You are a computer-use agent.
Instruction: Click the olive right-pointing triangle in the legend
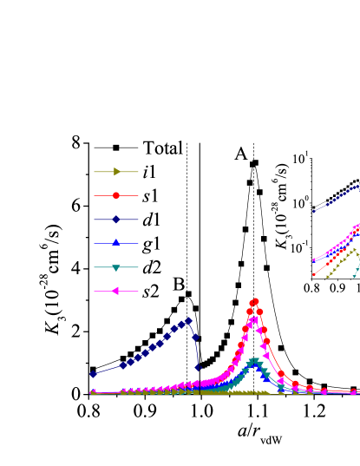(117, 172)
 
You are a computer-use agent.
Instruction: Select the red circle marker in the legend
(116, 195)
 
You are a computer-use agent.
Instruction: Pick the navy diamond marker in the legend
(116, 220)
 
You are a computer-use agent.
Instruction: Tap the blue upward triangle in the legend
(116, 243)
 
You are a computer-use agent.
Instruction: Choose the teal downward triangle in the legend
(116, 267)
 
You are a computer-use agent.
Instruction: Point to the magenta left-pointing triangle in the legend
(115, 291)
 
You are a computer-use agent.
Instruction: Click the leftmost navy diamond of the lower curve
(93, 374)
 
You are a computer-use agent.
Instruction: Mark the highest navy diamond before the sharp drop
(188, 321)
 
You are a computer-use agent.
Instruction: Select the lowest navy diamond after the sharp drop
(198, 368)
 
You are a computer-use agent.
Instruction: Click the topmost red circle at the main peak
(255, 302)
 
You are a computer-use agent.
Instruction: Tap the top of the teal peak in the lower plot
(255, 361)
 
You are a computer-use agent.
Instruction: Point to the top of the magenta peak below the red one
(254, 318)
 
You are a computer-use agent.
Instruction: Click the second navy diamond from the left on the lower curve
(123, 365)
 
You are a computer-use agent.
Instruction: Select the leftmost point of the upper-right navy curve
(314, 211)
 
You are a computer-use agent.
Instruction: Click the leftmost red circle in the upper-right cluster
(314, 274)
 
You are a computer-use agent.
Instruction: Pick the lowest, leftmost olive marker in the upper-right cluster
(328, 277)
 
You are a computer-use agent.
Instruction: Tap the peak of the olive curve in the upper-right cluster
(353, 250)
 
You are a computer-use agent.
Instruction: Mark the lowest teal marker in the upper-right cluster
(356, 276)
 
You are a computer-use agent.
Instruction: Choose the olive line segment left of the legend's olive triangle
(102, 172)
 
